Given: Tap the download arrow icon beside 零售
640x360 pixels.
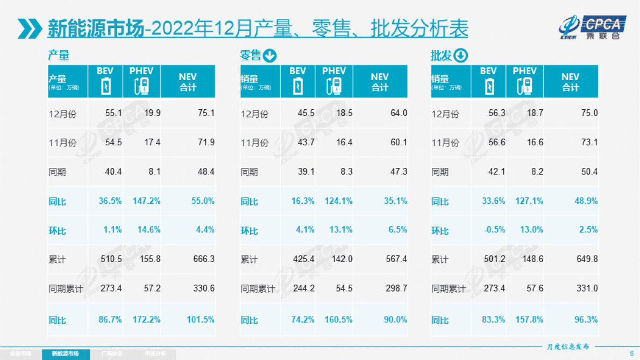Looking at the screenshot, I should [x=269, y=55].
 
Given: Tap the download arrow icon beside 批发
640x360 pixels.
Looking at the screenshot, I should [x=461, y=55].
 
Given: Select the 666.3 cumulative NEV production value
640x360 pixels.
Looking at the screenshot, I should [x=204, y=259].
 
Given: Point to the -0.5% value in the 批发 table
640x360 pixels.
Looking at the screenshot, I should [x=494, y=230].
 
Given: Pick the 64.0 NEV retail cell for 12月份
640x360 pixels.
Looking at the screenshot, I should [x=398, y=113].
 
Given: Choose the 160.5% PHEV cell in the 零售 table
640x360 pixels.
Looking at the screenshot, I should [x=338, y=320].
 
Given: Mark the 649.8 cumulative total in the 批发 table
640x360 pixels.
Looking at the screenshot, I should [x=587, y=259].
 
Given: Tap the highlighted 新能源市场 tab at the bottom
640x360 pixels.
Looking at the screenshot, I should [x=65, y=354].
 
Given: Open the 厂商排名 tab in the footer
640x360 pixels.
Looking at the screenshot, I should [x=111, y=354].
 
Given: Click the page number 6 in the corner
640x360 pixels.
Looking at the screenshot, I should [x=631, y=353].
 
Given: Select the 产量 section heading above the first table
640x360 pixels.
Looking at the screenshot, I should [x=59, y=55].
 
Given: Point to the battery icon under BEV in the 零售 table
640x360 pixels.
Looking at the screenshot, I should [x=297, y=86].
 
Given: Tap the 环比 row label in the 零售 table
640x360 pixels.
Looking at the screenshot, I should [x=250, y=230].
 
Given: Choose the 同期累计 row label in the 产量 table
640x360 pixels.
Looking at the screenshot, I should [x=66, y=288].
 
